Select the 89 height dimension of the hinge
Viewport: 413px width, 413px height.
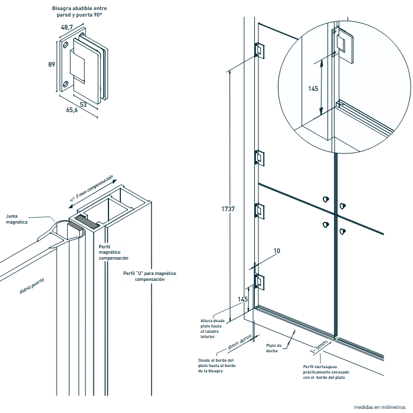point(51,64)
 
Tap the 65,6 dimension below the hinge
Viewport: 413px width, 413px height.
point(71,110)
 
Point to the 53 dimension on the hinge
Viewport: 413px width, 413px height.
point(83,104)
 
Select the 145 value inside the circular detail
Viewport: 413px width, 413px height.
point(313,88)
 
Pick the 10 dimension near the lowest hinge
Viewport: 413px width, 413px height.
point(277,251)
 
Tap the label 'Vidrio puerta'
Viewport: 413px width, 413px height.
point(32,286)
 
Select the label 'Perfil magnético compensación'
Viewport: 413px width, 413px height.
point(113,252)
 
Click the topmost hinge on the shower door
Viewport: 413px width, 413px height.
point(258,50)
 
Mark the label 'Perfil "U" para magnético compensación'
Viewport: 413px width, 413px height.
point(150,276)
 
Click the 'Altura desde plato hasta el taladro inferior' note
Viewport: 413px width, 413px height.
point(212,329)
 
